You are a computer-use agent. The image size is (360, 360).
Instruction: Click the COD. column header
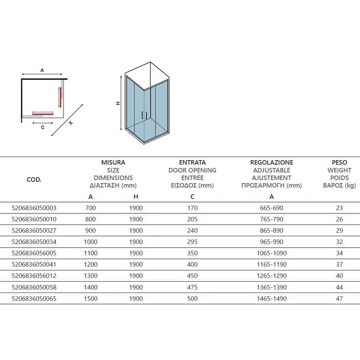(34, 179)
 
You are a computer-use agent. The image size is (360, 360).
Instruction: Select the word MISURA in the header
(113, 162)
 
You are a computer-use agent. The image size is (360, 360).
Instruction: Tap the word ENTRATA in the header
(192, 162)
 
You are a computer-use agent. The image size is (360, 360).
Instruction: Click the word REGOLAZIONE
(271, 162)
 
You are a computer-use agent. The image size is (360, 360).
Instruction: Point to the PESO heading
(339, 162)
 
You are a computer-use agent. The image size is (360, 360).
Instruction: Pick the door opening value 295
(192, 242)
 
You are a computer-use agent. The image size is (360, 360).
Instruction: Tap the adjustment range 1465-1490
(271, 298)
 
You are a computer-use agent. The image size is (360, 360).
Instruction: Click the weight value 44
(339, 287)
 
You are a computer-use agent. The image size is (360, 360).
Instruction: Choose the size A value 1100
(91, 253)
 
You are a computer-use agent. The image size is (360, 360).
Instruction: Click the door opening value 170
(192, 208)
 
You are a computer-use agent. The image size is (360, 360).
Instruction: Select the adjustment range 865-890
(271, 230)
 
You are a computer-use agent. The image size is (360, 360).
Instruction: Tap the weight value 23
(339, 208)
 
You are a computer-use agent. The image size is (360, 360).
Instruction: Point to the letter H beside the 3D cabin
(118, 103)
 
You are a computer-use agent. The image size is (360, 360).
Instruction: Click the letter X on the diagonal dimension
(71, 123)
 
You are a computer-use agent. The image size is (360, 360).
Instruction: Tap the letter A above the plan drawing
(42, 71)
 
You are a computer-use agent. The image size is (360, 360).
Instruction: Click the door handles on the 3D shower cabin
(144, 115)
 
